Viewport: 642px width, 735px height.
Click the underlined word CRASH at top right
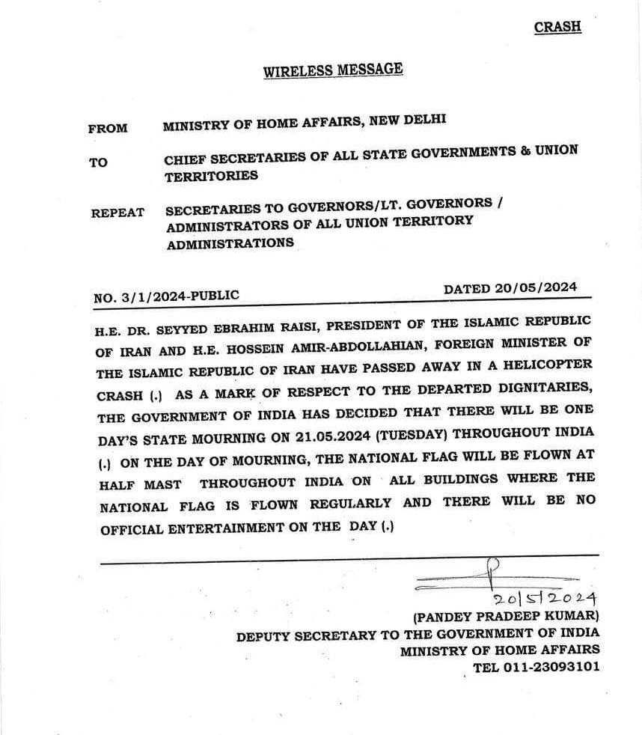[557, 27]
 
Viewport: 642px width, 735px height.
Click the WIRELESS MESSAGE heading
[333, 70]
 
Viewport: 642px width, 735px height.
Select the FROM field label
[108, 128]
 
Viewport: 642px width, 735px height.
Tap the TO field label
[98, 162]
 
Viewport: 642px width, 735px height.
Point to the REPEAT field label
[117, 213]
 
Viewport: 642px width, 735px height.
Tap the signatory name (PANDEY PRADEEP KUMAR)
[506, 617]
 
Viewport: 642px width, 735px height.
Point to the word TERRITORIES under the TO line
[212, 177]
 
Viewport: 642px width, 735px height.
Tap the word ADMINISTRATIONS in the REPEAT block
[230, 244]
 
